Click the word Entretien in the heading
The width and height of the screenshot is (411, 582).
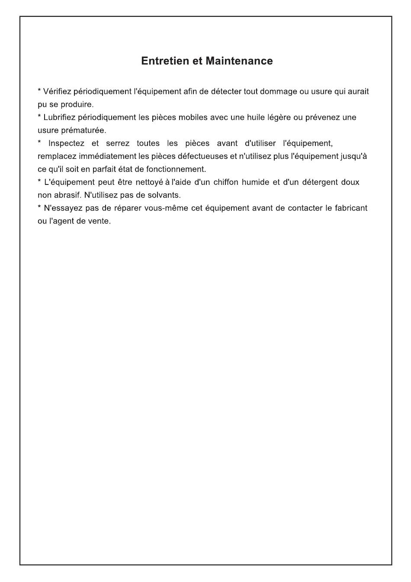click(x=166, y=61)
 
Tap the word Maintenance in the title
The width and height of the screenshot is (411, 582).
click(x=239, y=61)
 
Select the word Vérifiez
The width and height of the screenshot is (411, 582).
click(x=58, y=91)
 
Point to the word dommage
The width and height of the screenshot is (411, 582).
click(x=278, y=91)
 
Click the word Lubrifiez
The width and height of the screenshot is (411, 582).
click(x=60, y=117)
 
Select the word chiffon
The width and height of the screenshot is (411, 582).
click(x=226, y=182)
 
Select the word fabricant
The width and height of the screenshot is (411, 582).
click(x=351, y=208)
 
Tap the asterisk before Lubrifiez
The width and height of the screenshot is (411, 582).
click(x=39, y=116)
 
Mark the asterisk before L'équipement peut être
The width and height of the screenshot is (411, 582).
click(x=39, y=181)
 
